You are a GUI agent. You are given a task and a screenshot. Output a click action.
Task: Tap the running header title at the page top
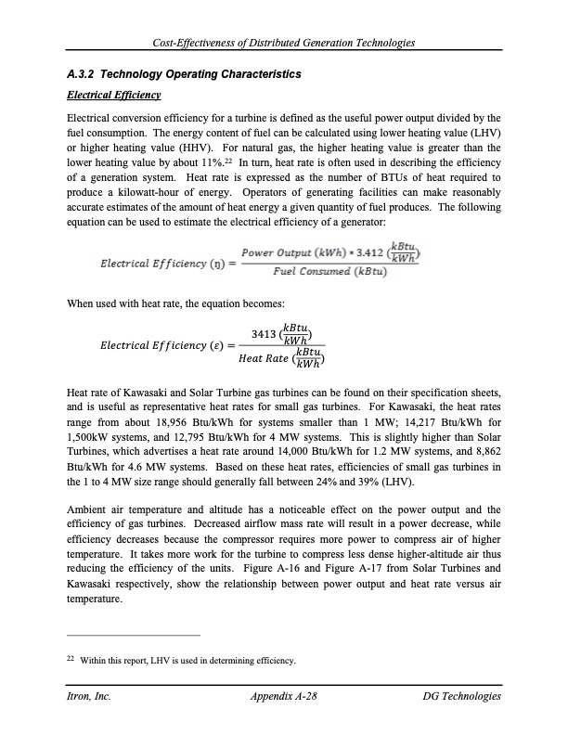[284, 45]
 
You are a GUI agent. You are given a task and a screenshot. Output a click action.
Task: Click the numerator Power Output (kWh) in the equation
[282, 253]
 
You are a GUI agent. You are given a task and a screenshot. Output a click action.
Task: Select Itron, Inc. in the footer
[89, 696]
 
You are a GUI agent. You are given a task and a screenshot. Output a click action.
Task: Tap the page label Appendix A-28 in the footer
[286, 696]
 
